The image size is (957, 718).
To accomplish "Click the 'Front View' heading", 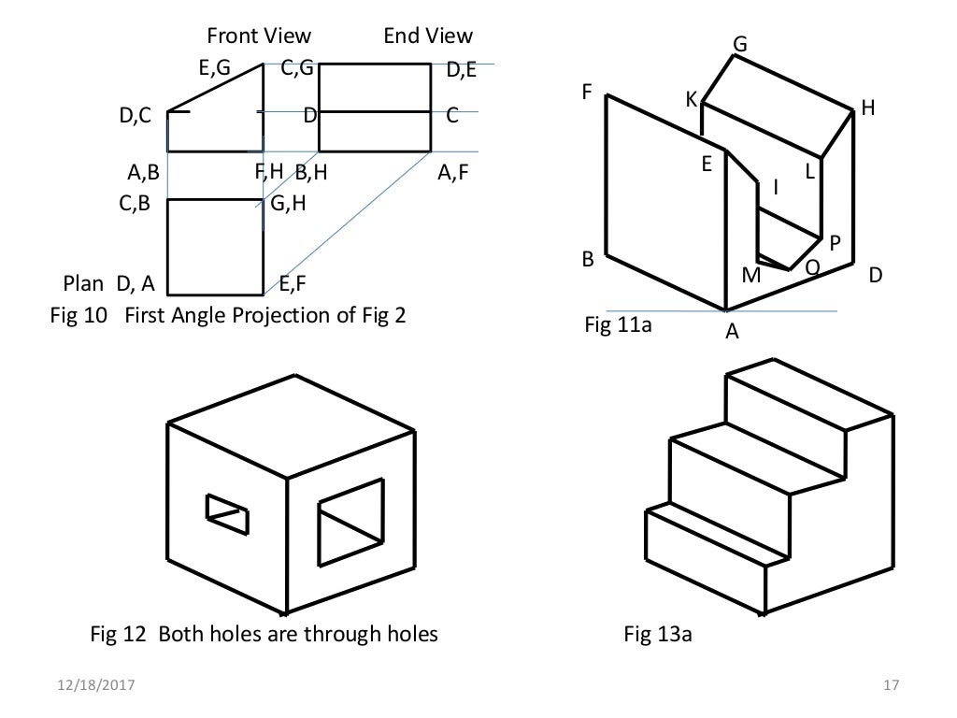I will tap(258, 36).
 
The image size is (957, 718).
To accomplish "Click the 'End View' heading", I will tap(428, 36).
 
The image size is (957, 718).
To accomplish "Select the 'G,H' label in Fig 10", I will tap(289, 204).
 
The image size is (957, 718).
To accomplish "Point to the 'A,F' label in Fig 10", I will tap(452, 173).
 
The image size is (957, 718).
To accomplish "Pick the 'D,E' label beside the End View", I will tap(462, 68).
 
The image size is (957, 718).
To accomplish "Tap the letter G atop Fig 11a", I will tap(740, 45).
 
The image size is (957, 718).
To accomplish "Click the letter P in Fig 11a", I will tap(836, 242).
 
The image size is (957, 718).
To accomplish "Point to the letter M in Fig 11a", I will tap(750, 278).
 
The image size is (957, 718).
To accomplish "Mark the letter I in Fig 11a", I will tap(775, 189).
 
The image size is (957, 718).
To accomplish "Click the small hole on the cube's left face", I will tap(228, 514).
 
